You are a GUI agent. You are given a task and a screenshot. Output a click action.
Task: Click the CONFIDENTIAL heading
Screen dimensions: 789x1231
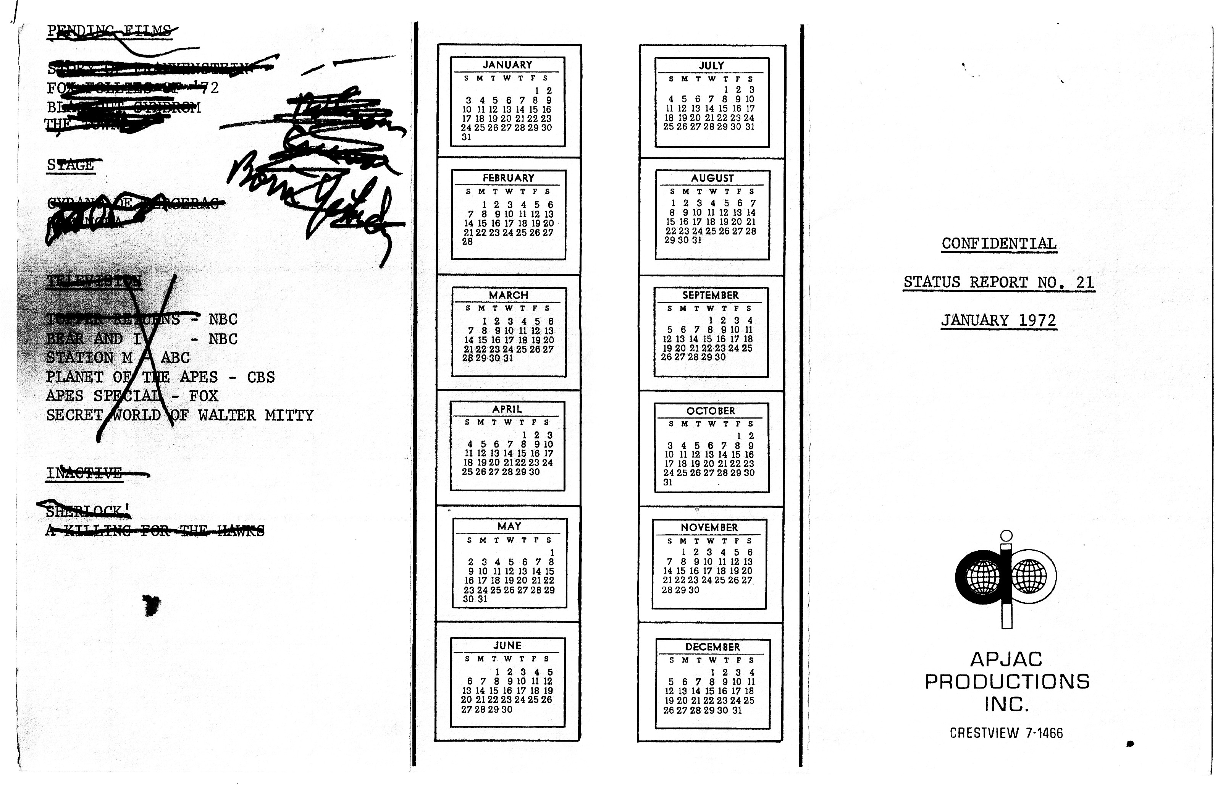999,244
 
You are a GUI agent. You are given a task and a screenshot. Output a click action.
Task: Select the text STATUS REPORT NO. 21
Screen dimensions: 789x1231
998,282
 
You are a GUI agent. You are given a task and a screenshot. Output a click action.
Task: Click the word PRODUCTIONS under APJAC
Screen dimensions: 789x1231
1006,681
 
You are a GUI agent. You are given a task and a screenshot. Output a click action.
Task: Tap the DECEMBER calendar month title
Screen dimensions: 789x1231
712,647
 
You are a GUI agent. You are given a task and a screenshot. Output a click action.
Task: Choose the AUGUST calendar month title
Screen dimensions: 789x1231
712,178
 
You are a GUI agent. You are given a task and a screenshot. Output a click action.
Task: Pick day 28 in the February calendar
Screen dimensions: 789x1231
467,242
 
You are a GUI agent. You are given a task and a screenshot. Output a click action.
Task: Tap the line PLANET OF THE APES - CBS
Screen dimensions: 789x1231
160,377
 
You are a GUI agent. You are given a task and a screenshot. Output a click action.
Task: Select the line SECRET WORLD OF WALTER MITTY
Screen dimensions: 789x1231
180,416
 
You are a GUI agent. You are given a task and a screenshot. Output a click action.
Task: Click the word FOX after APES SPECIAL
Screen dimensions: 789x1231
204,396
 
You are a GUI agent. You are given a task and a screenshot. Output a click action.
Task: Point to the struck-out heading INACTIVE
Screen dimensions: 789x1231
84,473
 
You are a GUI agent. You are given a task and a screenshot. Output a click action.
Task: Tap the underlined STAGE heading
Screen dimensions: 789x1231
71,165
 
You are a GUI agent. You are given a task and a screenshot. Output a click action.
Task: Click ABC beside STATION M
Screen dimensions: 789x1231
175,357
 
